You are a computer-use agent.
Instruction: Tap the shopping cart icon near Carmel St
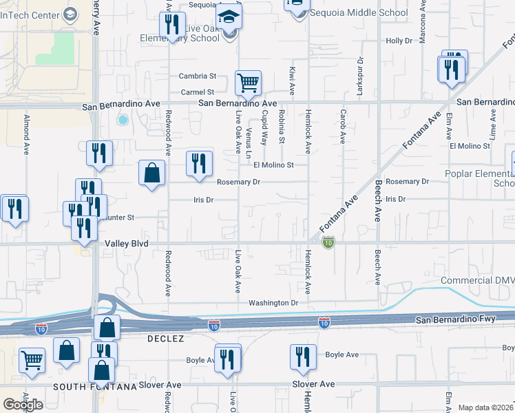[x=248, y=83]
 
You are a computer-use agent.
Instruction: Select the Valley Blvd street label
[x=127, y=244]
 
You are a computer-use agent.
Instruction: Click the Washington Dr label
[x=273, y=302]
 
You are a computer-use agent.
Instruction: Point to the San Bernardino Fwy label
[x=465, y=319]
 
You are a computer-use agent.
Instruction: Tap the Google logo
[x=23, y=405]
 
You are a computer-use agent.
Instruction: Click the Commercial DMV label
[x=477, y=281]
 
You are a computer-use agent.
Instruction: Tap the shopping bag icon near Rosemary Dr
[x=151, y=173]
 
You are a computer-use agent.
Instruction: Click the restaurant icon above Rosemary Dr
[x=198, y=164]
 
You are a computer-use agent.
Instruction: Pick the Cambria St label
[x=198, y=76]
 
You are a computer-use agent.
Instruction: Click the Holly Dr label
[x=399, y=41]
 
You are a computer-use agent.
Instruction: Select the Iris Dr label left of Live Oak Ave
[x=203, y=200]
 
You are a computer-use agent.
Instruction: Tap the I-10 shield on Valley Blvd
[x=329, y=242]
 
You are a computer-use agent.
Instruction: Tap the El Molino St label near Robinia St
[x=273, y=165]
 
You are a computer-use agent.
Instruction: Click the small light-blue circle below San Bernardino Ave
[x=123, y=120]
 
